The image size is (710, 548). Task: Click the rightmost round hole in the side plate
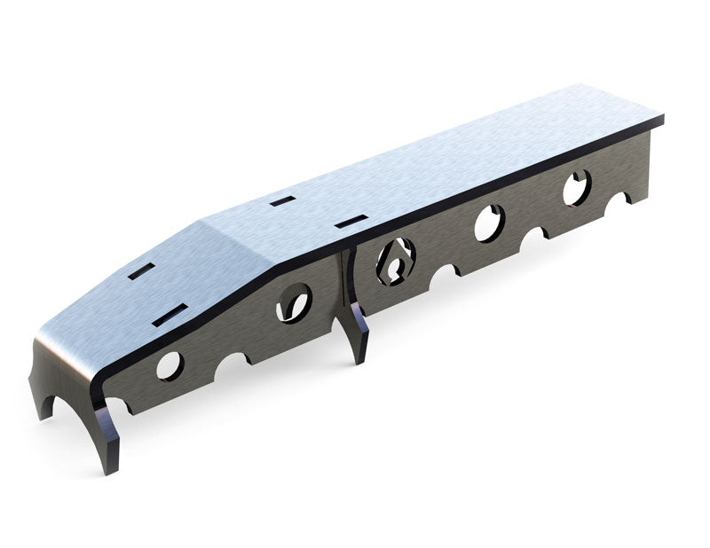[x=576, y=187]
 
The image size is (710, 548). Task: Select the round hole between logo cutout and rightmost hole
[x=489, y=223]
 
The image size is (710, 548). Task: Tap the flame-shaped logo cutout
[x=395, y=260]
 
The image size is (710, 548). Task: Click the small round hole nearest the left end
[x=170, y=364]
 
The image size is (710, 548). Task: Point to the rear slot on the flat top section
[x=282, y=201]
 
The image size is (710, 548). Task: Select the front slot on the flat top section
[x=351, y=221]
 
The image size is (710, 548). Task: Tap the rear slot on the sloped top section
[x=141, y=270]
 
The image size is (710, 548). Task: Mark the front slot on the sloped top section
[x=170, y=313]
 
